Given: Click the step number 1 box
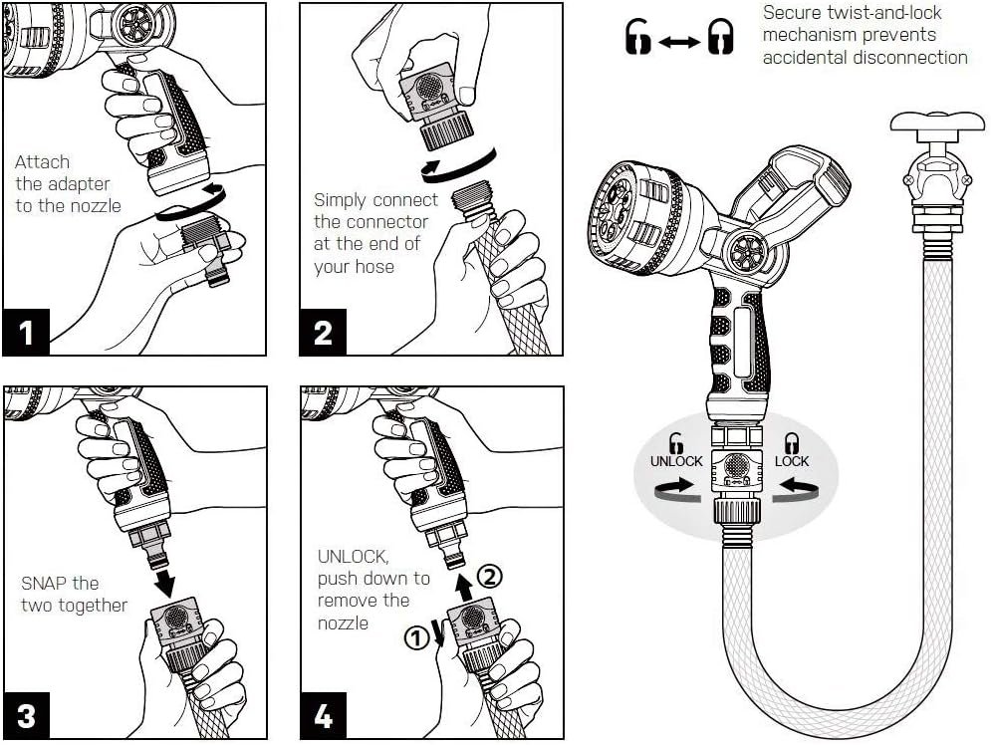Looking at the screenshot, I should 26,332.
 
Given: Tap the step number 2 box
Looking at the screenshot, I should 323,332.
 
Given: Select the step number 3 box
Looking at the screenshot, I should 26,715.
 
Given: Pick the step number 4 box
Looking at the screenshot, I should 323,715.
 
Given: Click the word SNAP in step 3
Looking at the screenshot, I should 45,583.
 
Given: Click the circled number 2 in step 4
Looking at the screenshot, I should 488,575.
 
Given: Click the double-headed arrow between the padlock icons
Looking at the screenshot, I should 679,42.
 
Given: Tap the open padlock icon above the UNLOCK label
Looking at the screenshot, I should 676,443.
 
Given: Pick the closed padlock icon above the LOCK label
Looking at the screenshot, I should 792,443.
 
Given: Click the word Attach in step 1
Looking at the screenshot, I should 43,161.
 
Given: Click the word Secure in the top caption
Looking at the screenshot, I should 791,13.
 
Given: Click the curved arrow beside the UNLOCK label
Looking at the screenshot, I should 672,485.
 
